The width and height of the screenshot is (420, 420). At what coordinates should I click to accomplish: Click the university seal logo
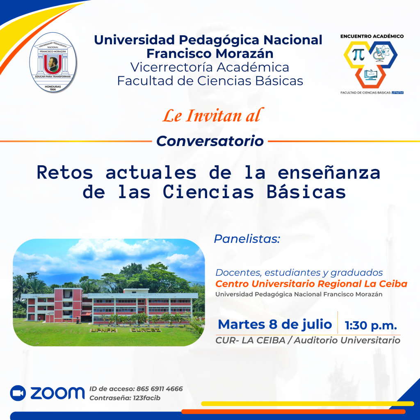tap(53, 62)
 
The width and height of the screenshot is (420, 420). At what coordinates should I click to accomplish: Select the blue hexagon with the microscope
tap(383, 55)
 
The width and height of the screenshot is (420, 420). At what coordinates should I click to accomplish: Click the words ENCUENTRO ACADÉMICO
tap(372, 36)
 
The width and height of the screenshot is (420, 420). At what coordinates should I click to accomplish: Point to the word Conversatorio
tap(210, 141)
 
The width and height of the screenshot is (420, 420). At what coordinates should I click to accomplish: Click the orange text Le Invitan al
tap(213, 115)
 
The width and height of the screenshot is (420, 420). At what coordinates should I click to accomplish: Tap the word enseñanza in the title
tap(329, 173)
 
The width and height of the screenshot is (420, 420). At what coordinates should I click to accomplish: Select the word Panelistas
tap(247, 239)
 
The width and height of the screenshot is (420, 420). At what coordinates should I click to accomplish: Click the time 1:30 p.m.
tap(371, 325)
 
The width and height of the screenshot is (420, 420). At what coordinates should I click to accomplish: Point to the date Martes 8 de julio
tap(275, 324)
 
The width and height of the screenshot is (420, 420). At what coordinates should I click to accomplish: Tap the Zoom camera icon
tap(18, 393)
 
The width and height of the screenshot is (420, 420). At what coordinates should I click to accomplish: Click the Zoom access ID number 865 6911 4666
tap(160, 389)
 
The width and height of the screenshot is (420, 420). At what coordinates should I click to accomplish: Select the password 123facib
tap(146, 398)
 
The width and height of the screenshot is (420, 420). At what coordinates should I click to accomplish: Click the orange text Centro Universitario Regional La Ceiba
tap(311, 284)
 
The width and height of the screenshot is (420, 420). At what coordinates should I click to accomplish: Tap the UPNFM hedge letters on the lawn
tap(103, 330)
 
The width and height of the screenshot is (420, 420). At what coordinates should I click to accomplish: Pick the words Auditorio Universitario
tap(347, 340)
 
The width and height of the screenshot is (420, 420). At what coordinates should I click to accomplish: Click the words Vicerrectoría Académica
tap(210, 67)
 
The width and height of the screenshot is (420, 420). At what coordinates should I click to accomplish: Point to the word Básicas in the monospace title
tap(306, 192)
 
